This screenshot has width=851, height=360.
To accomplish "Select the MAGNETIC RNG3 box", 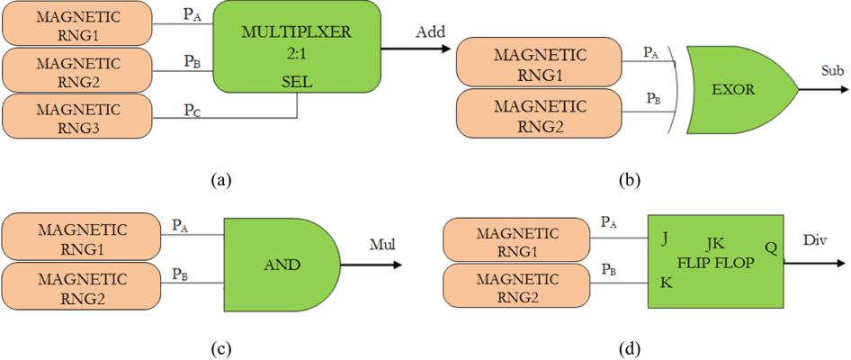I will pyautogui.click(x=77, y=117).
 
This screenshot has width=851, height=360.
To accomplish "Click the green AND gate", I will pyautogui.click(x=281, y=265).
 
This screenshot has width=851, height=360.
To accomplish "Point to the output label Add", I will pyautogui.click(x=430, y=32).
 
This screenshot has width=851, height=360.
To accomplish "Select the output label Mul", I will pyautogui.click(x=384, y=242).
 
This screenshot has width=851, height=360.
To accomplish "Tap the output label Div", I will pyautogui.click(x=816, y=242).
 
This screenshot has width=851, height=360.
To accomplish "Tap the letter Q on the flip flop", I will pyautogui.click(x=771, y=245).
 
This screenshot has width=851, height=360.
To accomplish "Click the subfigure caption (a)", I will pyautogui.click(x=219, y=180).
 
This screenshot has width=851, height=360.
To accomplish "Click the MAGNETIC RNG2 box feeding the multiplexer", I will pyautogui.click(x=77, y=68).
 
